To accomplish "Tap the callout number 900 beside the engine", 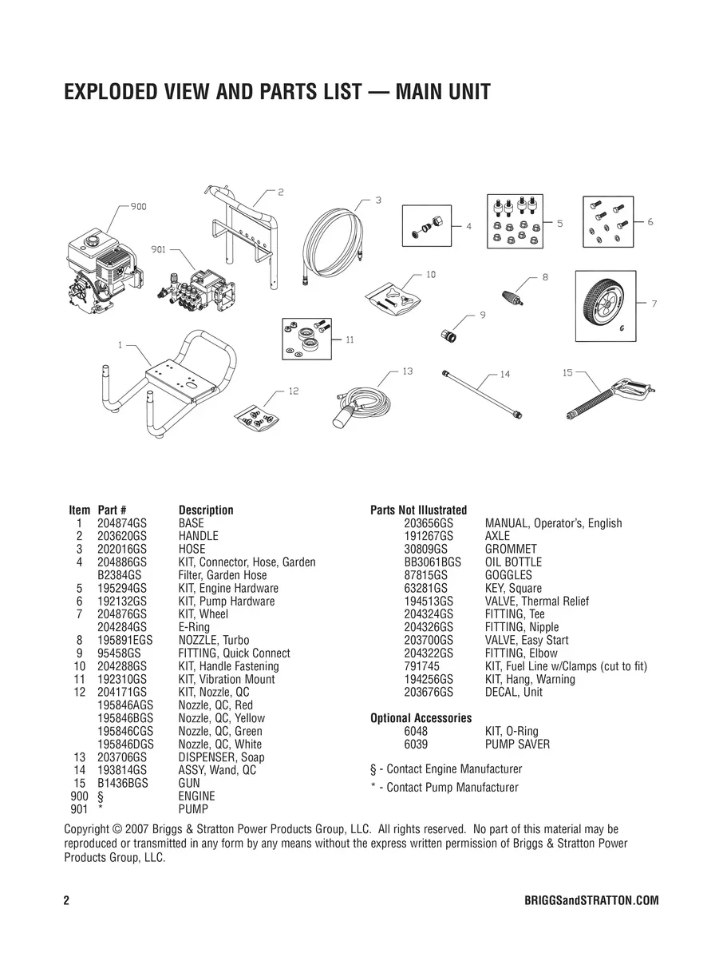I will point(138,207).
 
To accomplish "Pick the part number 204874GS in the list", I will point(122,523).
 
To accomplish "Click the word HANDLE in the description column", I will point(198,536).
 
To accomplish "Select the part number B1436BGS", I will point(123,783).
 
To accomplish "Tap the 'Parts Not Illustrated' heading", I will point(418,510).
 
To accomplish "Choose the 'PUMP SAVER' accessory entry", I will point(517,744).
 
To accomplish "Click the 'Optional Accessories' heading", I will point(421,718).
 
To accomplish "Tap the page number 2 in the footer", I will point(67,900).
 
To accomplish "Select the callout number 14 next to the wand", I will point(504,374).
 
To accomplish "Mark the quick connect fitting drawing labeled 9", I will point(448,335).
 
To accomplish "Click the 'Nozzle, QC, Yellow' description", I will point(221,718).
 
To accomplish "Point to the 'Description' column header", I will point(206,510).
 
